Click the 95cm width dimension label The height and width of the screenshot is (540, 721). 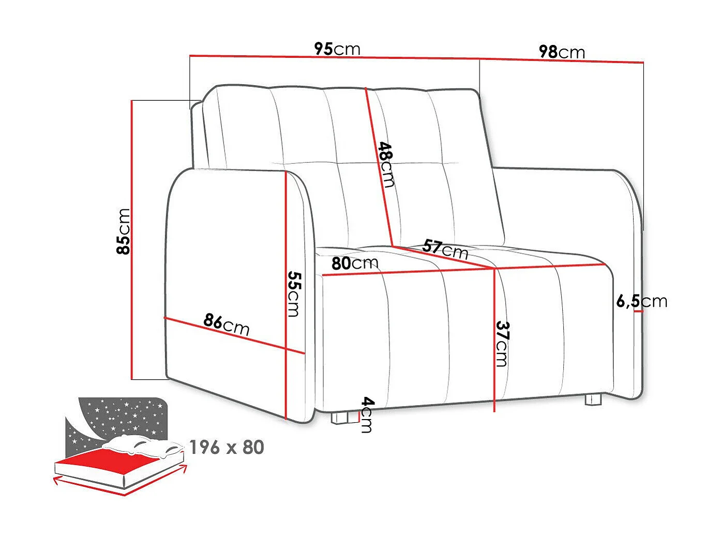click(337, 49)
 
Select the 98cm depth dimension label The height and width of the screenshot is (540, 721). click(562, 52)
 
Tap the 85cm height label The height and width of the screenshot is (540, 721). click(124, 231)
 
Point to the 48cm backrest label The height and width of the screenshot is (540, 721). click(386, 164)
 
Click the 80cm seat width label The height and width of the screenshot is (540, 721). click(355, 264)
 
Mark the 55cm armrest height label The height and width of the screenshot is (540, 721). click(293, 294)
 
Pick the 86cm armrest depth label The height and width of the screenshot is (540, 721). click(226, 324)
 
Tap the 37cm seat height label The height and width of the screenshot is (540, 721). click(502, 344)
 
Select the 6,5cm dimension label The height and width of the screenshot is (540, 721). click(641, 301)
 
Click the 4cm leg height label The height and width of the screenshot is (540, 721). click(367, 414)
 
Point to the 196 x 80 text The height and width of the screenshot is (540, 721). click(227, 448)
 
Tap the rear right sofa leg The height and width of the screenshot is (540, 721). click(593, 399)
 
